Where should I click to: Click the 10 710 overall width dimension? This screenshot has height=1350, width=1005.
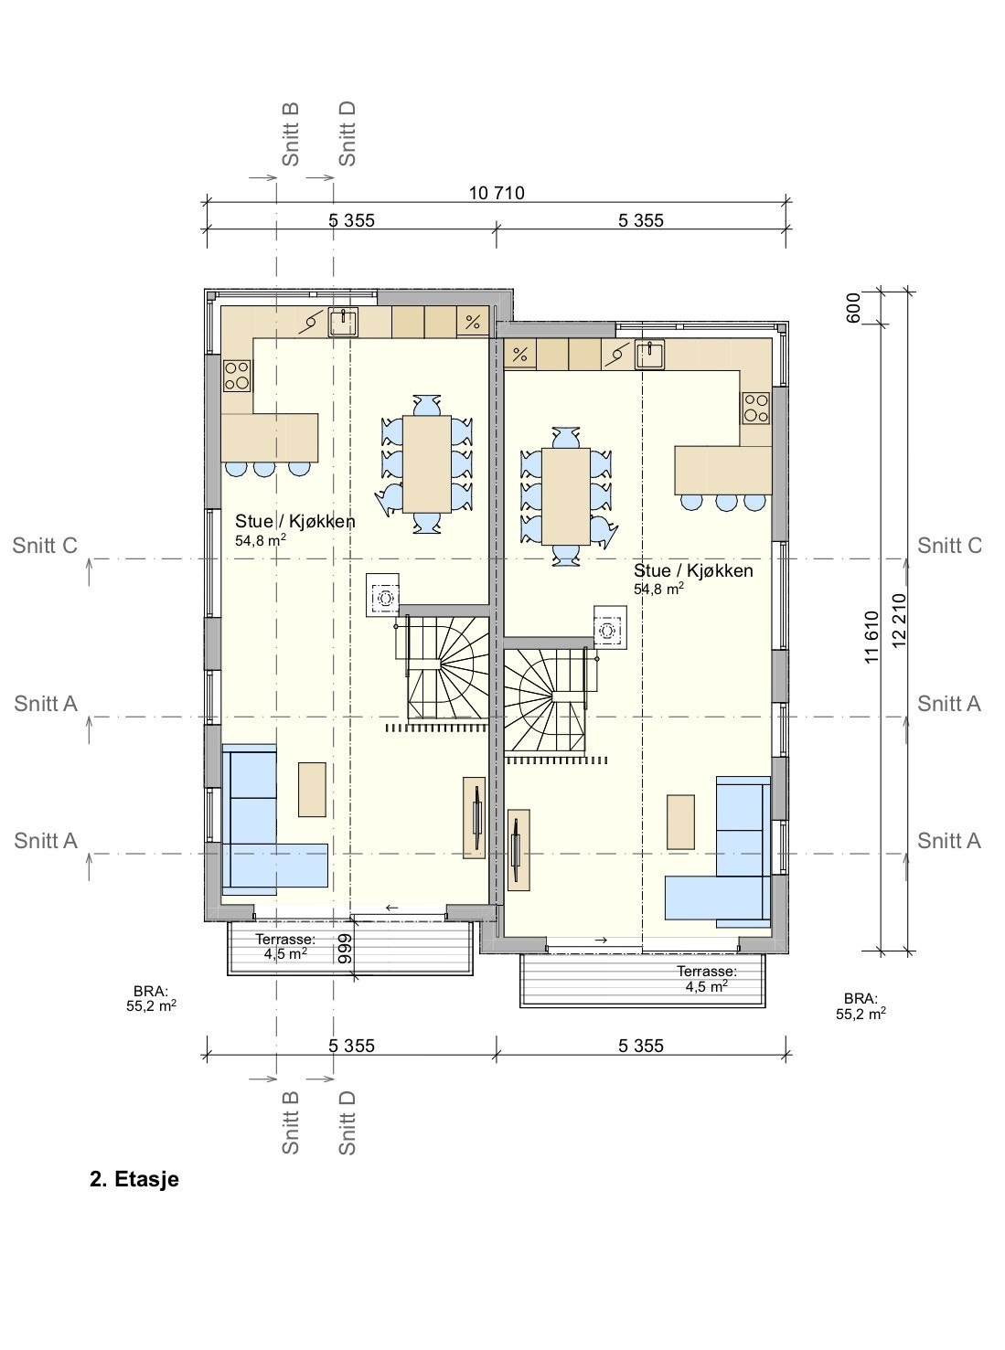(497, 193)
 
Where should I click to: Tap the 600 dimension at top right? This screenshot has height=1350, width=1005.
(854, 307)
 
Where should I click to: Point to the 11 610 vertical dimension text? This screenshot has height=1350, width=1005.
(871, 636)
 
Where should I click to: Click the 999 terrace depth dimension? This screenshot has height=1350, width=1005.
(345, 951)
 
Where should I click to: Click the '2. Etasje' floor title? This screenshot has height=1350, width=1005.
(134, 1179)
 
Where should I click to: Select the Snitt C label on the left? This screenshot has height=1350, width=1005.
(45, 546)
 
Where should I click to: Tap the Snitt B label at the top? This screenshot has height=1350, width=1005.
(291, 133)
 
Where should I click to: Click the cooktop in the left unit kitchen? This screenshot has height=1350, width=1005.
(237, 375)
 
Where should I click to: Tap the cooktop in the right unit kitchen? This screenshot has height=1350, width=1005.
(755, 407)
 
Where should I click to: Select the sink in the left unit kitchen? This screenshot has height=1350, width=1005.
(343, 322)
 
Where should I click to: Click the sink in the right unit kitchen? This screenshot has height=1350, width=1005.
(650, 353)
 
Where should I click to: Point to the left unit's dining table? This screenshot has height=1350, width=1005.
(427, 463)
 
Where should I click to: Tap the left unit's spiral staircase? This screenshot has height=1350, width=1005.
(445, 666)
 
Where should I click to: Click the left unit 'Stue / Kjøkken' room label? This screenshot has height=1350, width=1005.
(294, 521)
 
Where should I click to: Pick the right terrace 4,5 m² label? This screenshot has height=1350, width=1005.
(707, 979)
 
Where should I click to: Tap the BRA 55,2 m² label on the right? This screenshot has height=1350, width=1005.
(860, 1006)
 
